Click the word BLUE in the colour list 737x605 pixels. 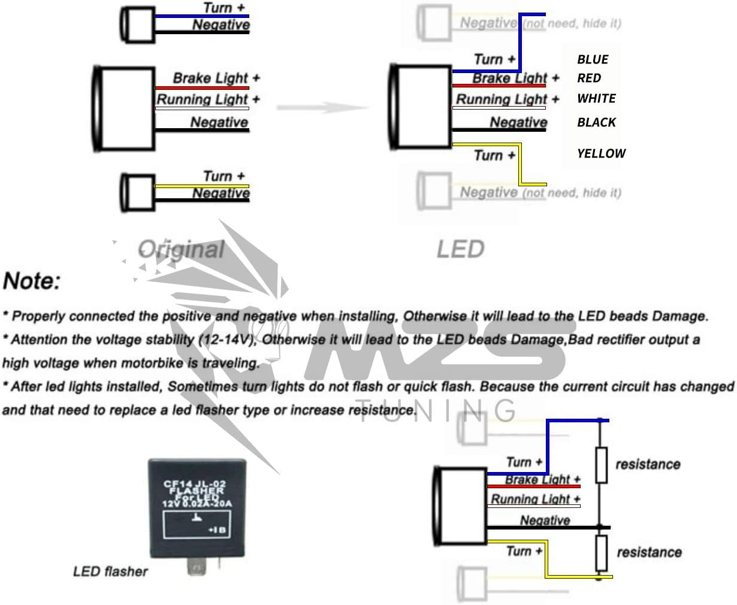(593, 59)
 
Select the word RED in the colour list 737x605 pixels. (589, 78)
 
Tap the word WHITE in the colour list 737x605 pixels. (596, 98)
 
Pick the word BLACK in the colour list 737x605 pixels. (596, 122)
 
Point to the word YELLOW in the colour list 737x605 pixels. (601, 153)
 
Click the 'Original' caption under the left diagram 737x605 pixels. (181, 249)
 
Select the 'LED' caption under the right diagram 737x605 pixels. (460, 249)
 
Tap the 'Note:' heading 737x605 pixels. (32, 281)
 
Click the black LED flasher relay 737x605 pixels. (196, 506)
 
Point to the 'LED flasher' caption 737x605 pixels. (110, 571)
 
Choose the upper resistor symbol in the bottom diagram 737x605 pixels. (601, 464)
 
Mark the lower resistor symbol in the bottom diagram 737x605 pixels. (601, 552)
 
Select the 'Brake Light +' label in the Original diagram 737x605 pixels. (216, 78)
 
